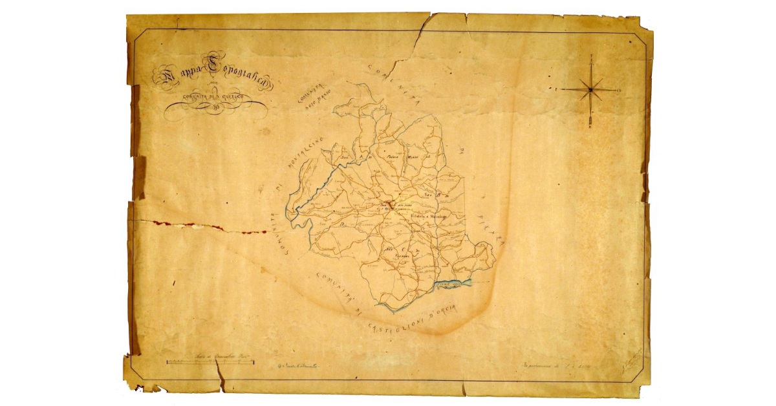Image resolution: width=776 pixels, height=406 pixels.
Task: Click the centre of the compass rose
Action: (590, 89)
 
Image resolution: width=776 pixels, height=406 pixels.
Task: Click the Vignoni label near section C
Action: (404, 257)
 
